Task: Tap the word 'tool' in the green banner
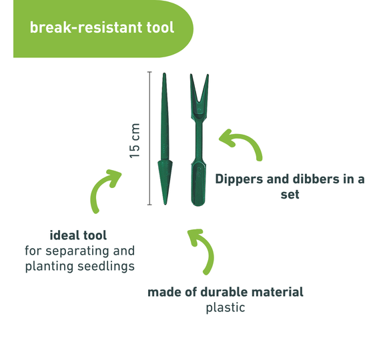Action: (160, 27)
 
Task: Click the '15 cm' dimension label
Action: (135, 141)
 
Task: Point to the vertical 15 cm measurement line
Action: (149, 138)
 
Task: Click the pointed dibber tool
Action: (165, 139)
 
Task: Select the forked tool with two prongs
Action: (199, 140)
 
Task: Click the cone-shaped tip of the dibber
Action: (165, 182)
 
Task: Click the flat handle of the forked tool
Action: (198, 184)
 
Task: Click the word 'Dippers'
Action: (239, 179)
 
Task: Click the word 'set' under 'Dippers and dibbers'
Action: (290, 195)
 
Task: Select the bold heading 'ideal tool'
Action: (78, 235)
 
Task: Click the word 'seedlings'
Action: (106, 267)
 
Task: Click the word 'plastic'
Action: (226, 308)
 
